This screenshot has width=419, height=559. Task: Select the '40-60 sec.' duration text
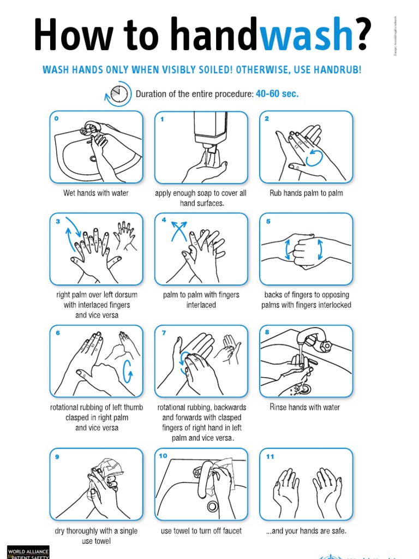tap(277, 94)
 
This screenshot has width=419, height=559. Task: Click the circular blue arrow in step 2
tap(314, 158)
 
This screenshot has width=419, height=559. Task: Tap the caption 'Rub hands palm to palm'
tap(306, 193)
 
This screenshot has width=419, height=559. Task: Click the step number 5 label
tap(267, 221)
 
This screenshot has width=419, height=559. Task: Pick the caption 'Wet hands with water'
tap(96, 193)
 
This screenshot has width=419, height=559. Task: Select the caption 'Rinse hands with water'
tap(305, 407)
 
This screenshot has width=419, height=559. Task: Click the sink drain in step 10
tap(212, 506)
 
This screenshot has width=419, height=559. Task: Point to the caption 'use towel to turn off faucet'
tap(201, 531)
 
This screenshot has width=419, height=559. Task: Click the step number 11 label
tap(270, 456)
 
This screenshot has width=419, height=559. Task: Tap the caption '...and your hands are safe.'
tap(306, 531)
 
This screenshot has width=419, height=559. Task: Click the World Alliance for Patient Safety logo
tap(28, 552)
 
